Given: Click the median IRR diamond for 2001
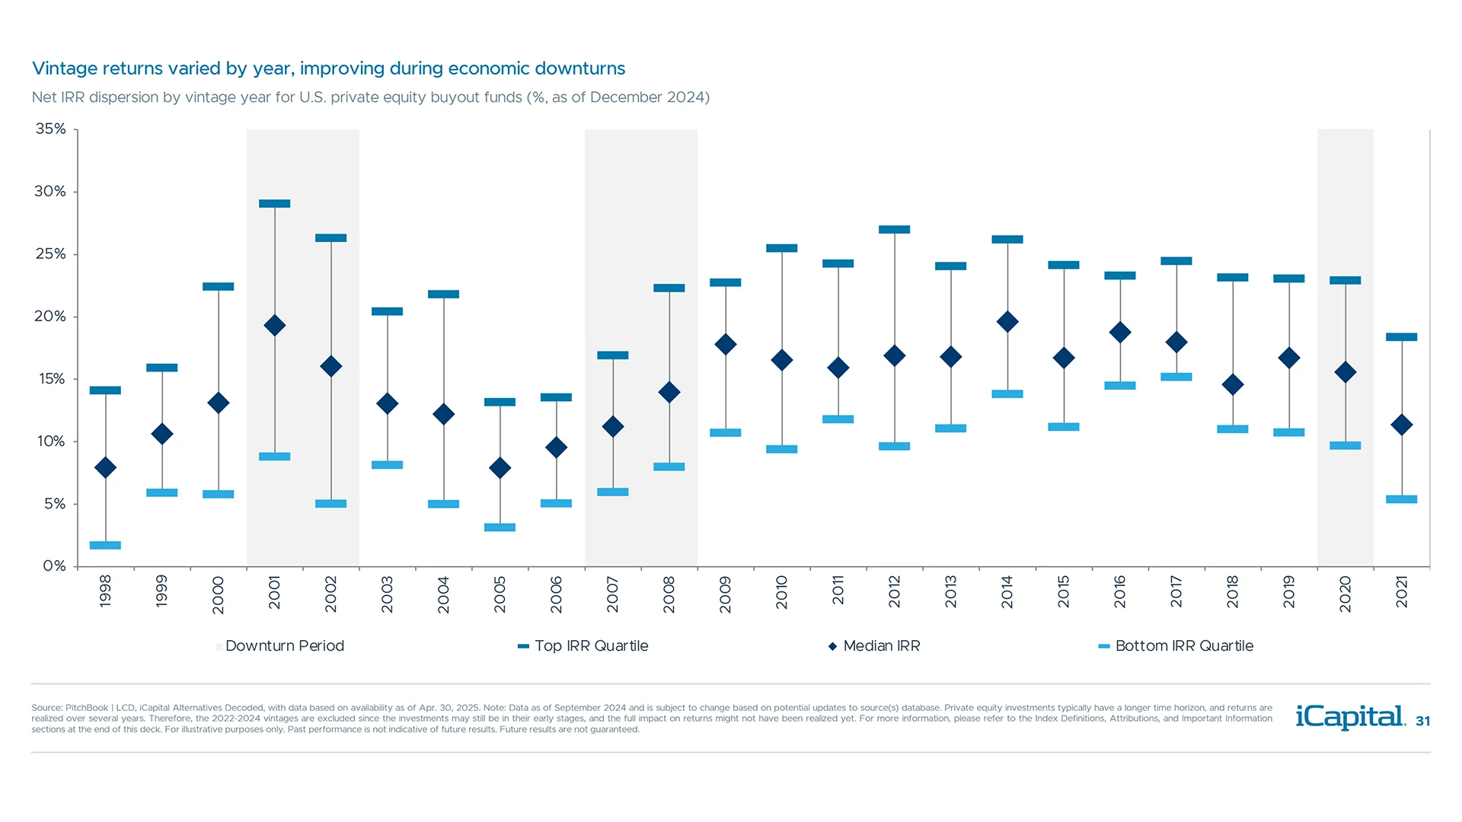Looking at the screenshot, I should (x=274, y=326).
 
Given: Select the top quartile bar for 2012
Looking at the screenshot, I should (x=894, y=229).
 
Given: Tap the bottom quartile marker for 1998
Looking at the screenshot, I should (x=105, y=545).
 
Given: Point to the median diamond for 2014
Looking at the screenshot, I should (x=1007, y=322).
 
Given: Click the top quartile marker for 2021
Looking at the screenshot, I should (x=1401, y=336).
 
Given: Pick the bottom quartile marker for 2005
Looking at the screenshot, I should (x=500, y=527).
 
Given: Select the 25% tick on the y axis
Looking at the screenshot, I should (x=50, y=254).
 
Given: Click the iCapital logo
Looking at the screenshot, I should (x=1349, y=717).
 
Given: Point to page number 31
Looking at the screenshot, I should (x=1422, y=722).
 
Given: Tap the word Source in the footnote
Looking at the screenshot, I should (x=46, y=708).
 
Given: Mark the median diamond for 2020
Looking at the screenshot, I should (x=1345, y=372).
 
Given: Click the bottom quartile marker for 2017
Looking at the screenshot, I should (x=1176, y=377).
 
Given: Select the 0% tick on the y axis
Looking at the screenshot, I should (x=54, y=566).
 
